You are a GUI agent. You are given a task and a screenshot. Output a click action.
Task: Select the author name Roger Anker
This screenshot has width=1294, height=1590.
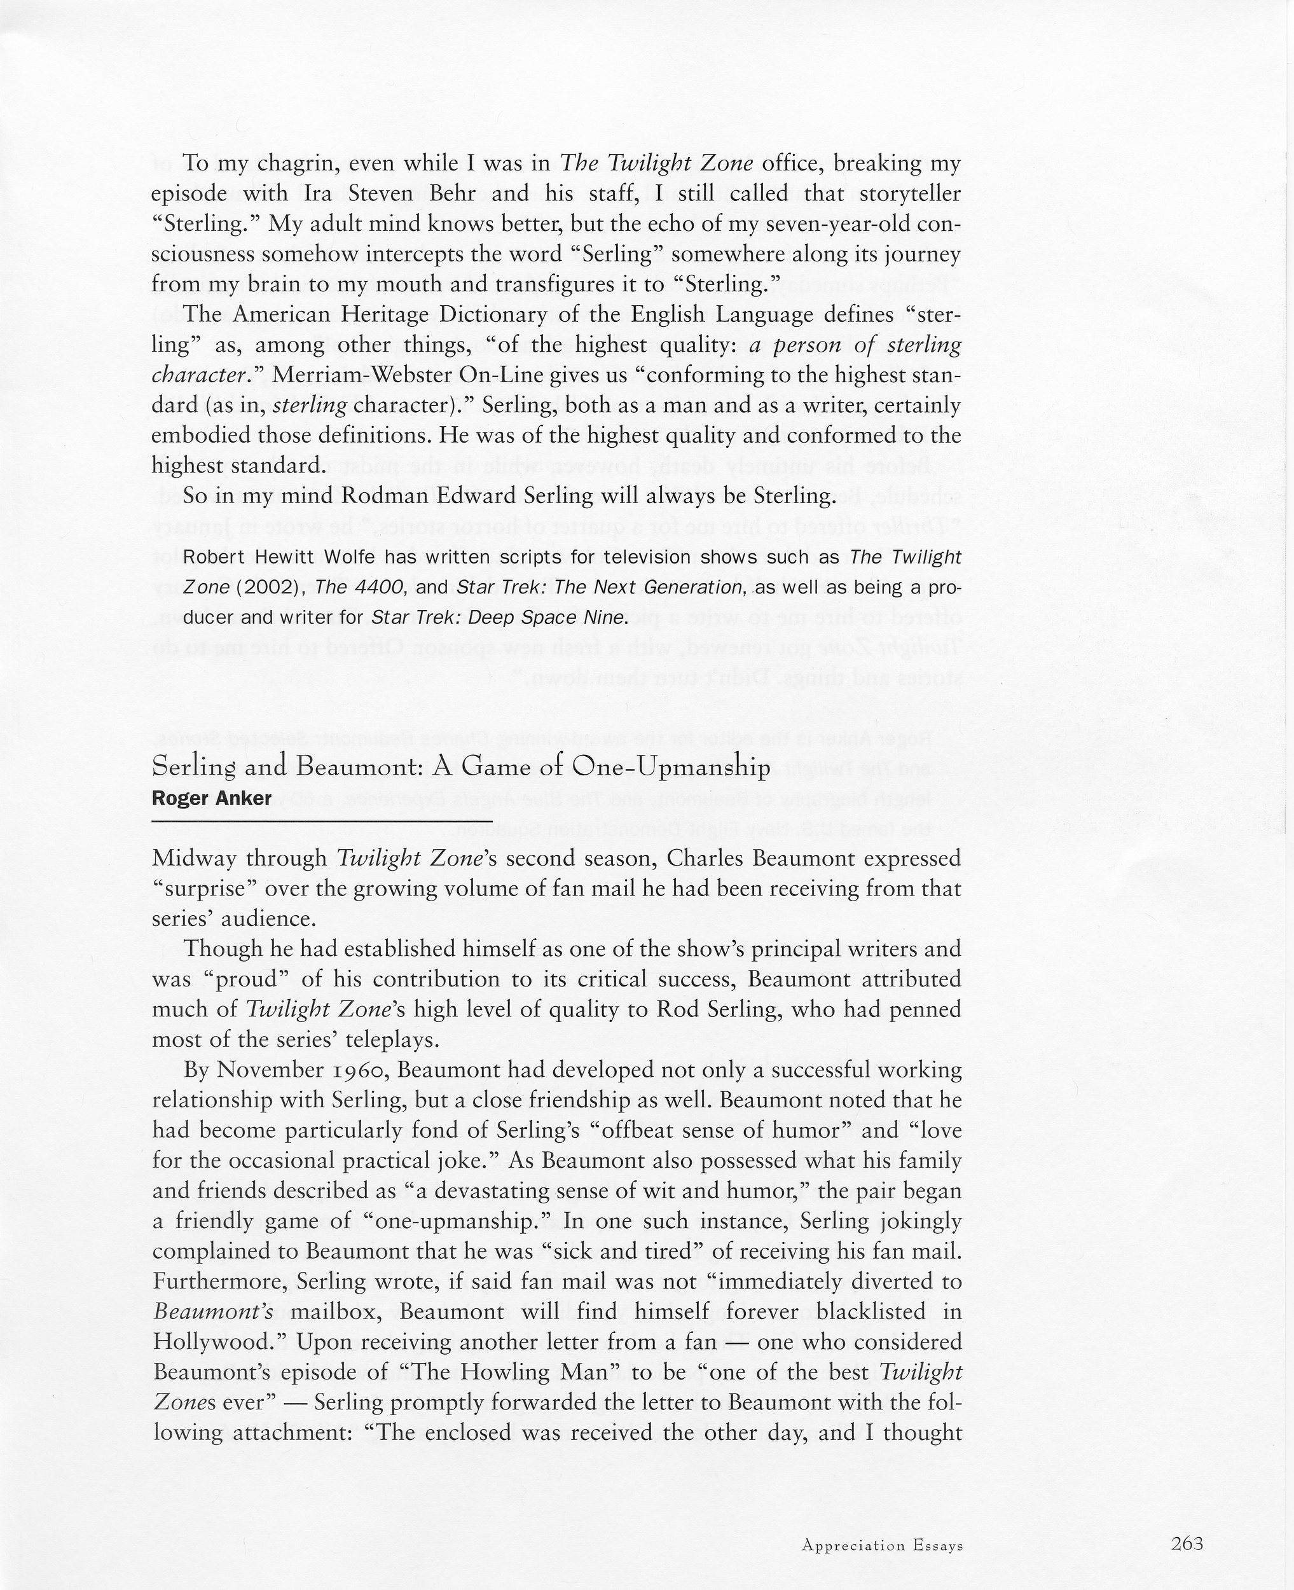pyautogui.click(x=212, y=798)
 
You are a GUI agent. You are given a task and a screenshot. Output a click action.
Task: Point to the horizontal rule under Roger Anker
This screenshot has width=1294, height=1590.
pyautogui.click(x=321, y=820)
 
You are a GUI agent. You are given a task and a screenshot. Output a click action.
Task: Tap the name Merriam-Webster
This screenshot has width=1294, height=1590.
pyautogui.click(x=361, y=375)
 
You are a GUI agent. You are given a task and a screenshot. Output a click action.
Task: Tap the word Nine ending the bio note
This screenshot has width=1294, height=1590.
pyautogui.click(x=607, y=618)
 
